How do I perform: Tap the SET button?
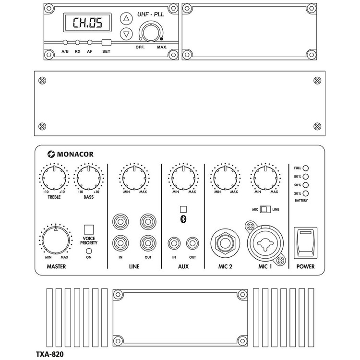pos(106,42)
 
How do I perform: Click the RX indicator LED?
pos(77,42)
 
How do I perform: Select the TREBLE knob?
pos(54,178)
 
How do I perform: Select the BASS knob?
pos(88,178)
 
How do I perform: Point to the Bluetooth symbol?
pos(182,219)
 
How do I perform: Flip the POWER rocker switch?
pos(305,242)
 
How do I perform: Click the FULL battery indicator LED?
pos(305,168)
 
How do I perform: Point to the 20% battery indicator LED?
pos(305,193)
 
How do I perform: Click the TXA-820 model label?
pos(49,354)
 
